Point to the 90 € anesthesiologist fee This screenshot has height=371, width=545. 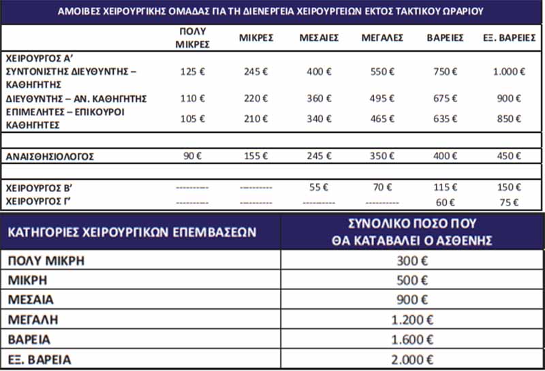[x=193, y=157]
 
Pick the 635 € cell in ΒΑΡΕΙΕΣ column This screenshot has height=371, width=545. [x=444, y=119]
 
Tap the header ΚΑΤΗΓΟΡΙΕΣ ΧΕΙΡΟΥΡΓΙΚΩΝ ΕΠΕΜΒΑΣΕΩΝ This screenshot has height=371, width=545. [x=131, y=231]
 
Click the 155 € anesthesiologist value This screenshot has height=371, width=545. [x=255, y=157]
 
